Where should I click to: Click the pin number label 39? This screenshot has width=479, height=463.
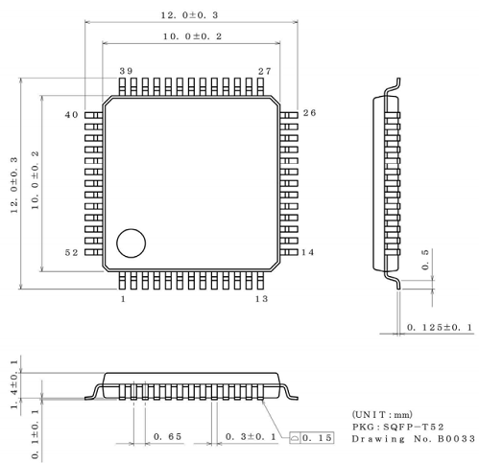click(x=126, y=72)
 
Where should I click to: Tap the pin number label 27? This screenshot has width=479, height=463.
click(x=265, y=72)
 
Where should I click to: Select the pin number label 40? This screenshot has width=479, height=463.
click(x=70, y=115)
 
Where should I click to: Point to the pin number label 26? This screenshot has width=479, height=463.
click(x=309, y=113)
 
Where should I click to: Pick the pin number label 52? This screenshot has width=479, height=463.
click(x=70, y=253)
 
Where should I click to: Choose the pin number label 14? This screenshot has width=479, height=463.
click(x=308, y=253)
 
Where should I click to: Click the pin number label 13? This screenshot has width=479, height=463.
click(x=261, y=300)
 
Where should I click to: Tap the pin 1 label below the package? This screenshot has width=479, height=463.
click(x=123, y=300)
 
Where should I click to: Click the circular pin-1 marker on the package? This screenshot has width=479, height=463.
click(x=131, y=243)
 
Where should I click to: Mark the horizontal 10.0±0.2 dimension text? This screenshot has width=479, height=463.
click(x=190, y=35)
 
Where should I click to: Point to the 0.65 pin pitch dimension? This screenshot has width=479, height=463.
click(x=168, y=437)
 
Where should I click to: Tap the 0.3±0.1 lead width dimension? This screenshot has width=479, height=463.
click(x=251, y=437)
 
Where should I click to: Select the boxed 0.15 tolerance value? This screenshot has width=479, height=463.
click(x=318, y=438)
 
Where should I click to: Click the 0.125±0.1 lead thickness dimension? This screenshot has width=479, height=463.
click(x=440, y=328)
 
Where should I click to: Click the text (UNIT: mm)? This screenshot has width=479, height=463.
click(x=384, y=414)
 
